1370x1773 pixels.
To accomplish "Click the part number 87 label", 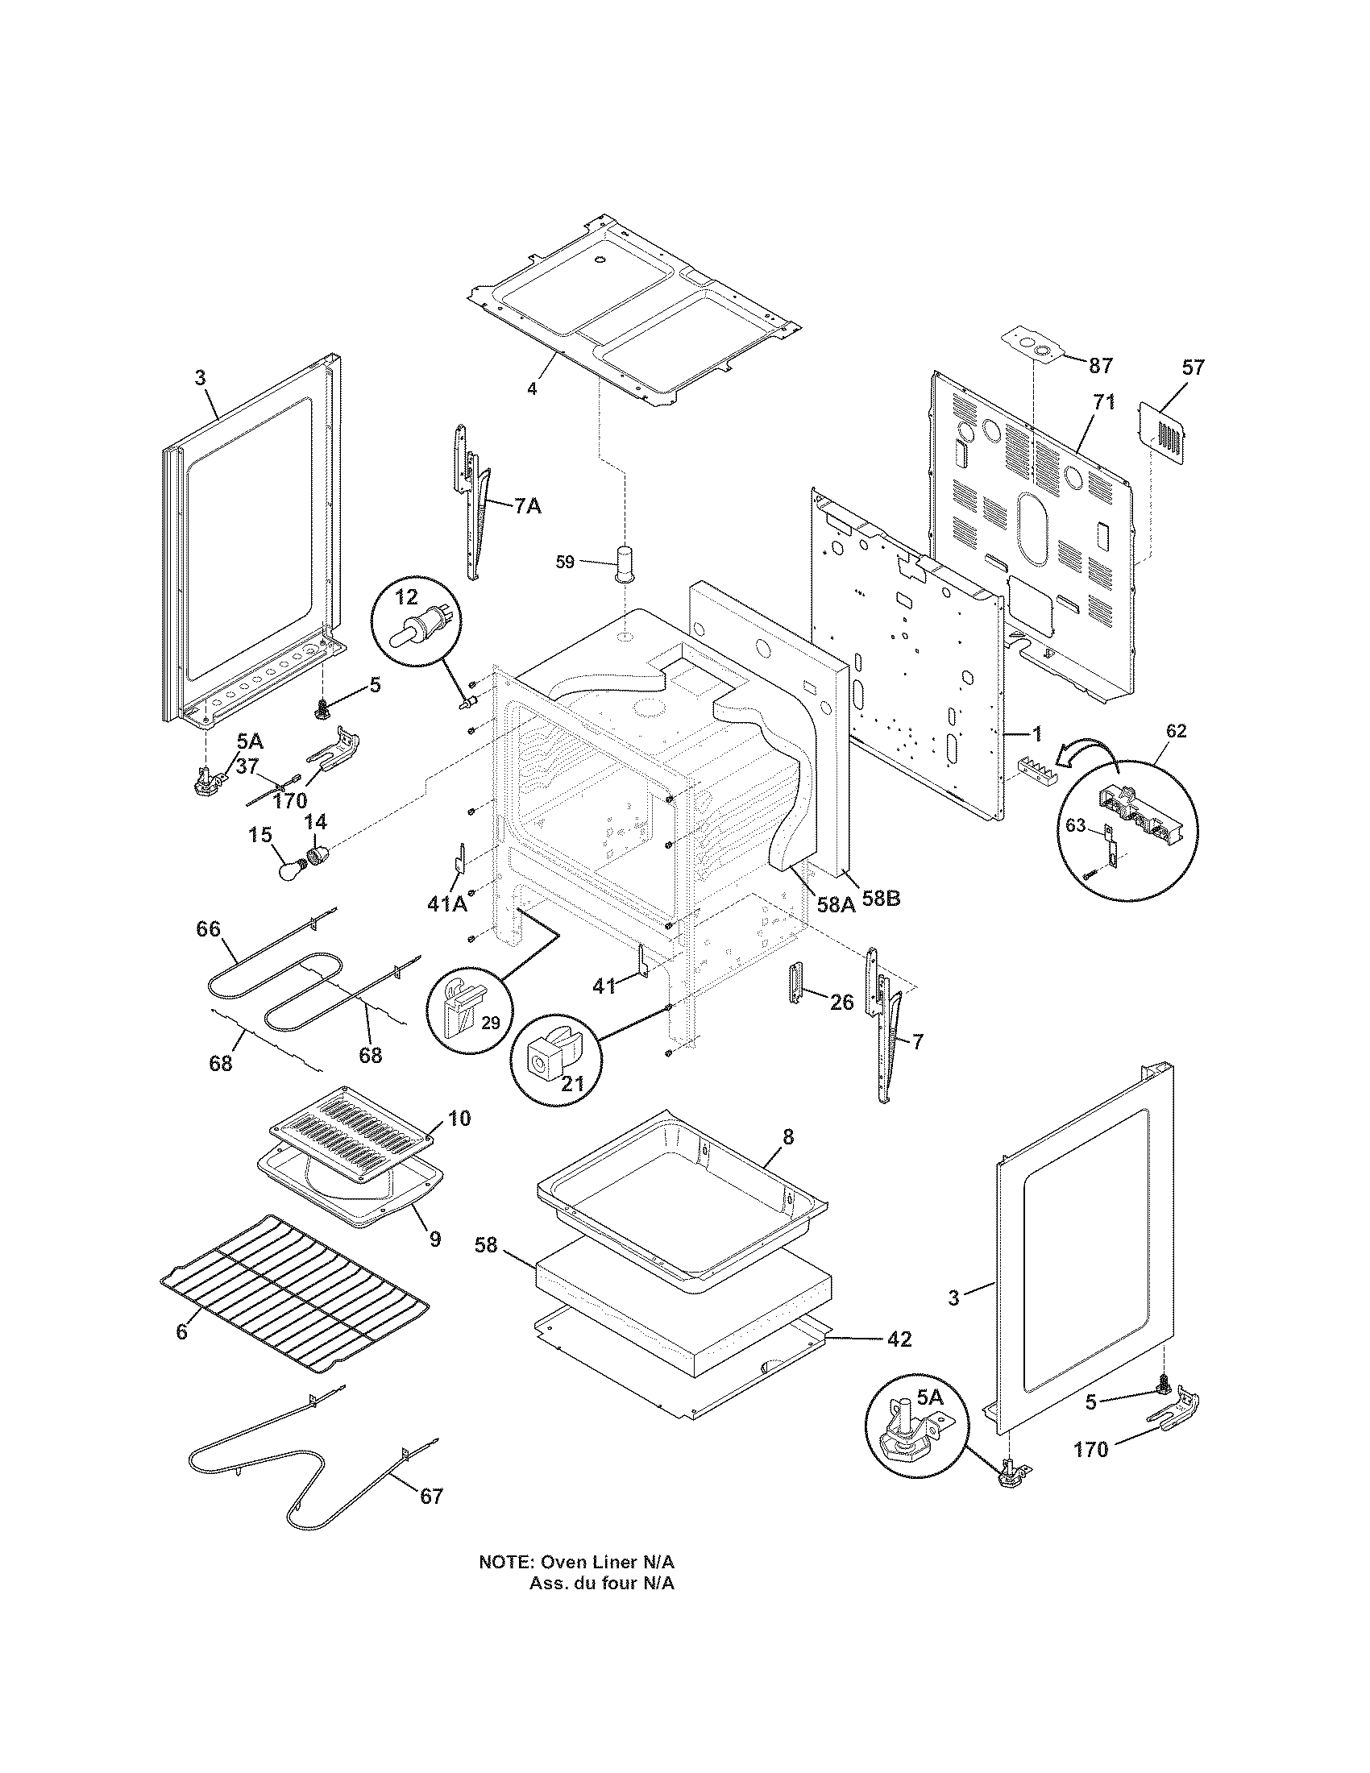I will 1101,366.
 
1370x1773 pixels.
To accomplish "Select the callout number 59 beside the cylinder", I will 565,561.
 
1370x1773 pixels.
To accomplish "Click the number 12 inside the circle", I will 406,597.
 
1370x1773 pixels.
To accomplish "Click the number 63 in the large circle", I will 1075,826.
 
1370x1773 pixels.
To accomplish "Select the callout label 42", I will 899,1339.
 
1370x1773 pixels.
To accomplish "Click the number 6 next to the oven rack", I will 181,1331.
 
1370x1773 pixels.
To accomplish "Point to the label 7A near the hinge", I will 527,506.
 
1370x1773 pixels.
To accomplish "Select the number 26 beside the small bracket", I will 841,1003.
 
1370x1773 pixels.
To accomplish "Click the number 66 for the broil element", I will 209,928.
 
